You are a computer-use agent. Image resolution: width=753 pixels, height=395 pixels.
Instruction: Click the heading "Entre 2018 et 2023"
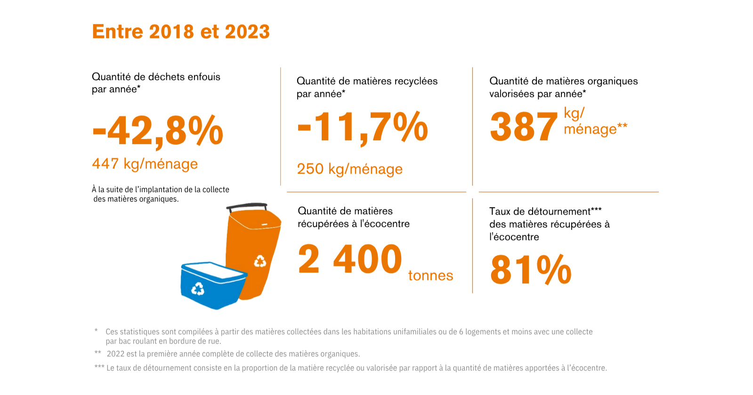(x=181, y=32)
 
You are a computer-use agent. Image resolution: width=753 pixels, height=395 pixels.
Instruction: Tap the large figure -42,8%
(x=158, y=130)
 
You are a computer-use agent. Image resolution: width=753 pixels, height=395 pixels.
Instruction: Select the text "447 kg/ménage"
(x=145, y=164)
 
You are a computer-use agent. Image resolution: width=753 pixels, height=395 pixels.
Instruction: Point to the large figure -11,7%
(x=363, y=127)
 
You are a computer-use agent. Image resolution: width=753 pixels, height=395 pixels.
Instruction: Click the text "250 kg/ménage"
(x=349, y=169)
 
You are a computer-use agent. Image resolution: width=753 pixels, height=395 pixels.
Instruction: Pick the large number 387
(x=523, y=127)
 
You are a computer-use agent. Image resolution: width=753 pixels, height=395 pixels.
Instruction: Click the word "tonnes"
(x=430, y=275)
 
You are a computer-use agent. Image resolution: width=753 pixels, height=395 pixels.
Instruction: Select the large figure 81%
(x=531, y=270)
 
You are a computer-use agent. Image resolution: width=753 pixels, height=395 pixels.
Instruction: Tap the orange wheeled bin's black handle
(x=246, y=206)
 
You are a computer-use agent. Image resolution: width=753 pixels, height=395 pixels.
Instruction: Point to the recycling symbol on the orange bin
(x=260, y=261)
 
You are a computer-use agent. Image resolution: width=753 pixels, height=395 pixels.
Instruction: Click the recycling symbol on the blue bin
(x=198, y=289)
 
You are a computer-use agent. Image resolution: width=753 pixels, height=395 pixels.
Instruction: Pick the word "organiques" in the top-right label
(x=613, y=81)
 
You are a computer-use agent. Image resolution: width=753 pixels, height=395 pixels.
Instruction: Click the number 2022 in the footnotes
(x=115, y=354)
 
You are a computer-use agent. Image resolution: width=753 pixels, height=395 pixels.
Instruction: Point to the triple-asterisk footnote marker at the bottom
(x=99, y=367)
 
